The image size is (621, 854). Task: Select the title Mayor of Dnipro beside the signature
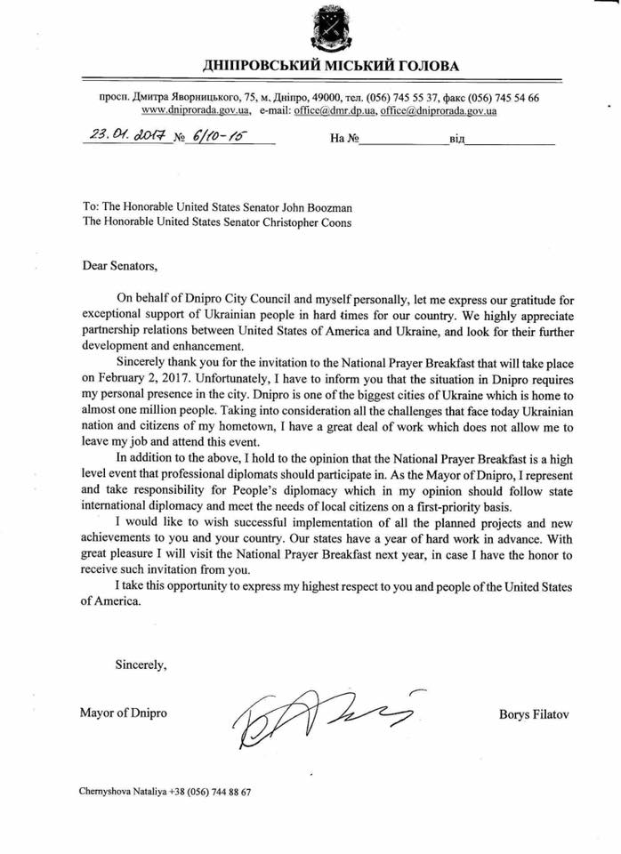[x=122, y=713]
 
